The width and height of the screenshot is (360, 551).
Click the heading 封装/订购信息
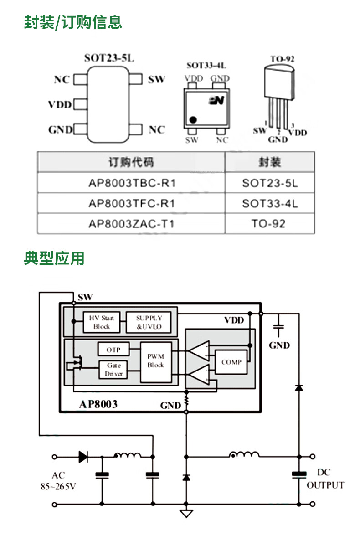coord(73,22)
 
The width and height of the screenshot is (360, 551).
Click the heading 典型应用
coord(54,258)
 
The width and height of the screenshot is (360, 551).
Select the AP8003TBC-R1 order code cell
coord(131,183)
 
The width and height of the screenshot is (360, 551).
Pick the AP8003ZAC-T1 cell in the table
coord(131,223)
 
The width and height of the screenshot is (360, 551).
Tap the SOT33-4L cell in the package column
coord(269,203)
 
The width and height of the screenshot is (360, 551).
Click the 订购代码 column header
coord(131,162)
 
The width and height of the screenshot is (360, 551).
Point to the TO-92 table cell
coord(269,223)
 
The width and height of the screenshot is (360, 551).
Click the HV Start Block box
coord(102,322)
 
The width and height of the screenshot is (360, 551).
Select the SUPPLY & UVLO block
coord(149,322)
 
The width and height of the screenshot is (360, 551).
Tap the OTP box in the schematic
coord(113,350)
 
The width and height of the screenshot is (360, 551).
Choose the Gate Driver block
coord(113,369)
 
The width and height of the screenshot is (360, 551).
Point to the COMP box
coord(231,362)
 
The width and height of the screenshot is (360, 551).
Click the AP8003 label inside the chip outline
coord(98,404)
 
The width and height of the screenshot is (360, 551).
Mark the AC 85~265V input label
coord(58,481)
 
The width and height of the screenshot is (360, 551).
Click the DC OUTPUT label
coord(324,479)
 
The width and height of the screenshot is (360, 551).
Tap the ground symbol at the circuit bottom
coord(186,513)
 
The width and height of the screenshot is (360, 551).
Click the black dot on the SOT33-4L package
coord(193,119)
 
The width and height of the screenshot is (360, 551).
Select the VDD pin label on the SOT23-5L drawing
coord(60,105)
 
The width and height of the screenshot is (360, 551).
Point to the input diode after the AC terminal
coord(83,456)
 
